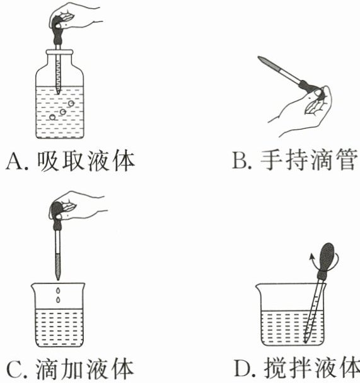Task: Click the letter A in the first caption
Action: (15, 161)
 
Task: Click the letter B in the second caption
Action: (240, 161)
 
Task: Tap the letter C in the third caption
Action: (15, 369)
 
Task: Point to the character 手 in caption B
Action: (270, 160)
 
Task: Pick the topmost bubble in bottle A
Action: (71, 103)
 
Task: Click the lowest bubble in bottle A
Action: (52, 117)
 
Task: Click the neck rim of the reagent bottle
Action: (60, 52)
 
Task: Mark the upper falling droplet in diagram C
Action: (58, 290)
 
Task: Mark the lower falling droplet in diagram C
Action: (58, 300)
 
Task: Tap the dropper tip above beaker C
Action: (57, 279)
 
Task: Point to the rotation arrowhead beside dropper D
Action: (311, 256)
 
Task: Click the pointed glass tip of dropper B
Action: (260, 58)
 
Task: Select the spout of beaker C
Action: (33, 285)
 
